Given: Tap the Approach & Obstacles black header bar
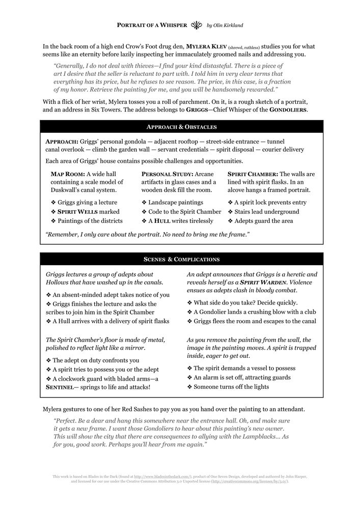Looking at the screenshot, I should pyautogui.click(x=181, y=127).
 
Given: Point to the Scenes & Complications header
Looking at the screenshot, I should pyautogui.click(x=181, y=259).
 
